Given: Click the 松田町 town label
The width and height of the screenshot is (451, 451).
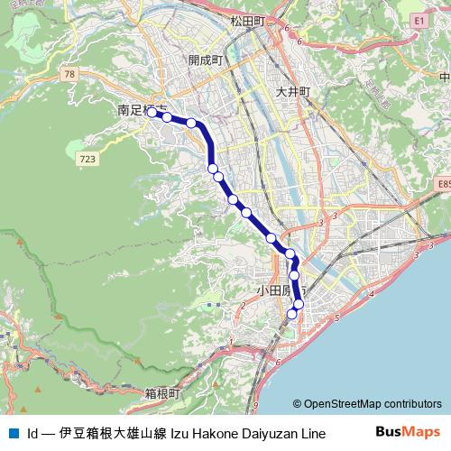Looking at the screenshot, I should pyautogui.click(x=247, y=20).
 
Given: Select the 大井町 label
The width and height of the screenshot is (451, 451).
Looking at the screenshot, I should pyautogui.click(x=293, y=92).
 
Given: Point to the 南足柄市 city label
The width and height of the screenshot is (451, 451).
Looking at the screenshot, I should pyautogui.click(x=136, y=110).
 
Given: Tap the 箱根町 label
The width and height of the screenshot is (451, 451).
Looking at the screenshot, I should pyautogui.click(x=162, y=394).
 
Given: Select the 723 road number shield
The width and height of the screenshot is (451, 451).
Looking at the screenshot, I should pyautogui.click(x=87, y=159).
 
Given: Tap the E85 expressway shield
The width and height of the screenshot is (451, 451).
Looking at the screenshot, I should pyautogui.click(x=442, y=184).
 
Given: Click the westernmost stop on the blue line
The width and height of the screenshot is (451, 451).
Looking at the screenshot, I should pyautogui.click(x=152, y=113).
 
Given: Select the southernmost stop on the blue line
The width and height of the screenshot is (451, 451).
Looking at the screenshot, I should pyautogui.click(x=291, y=314).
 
